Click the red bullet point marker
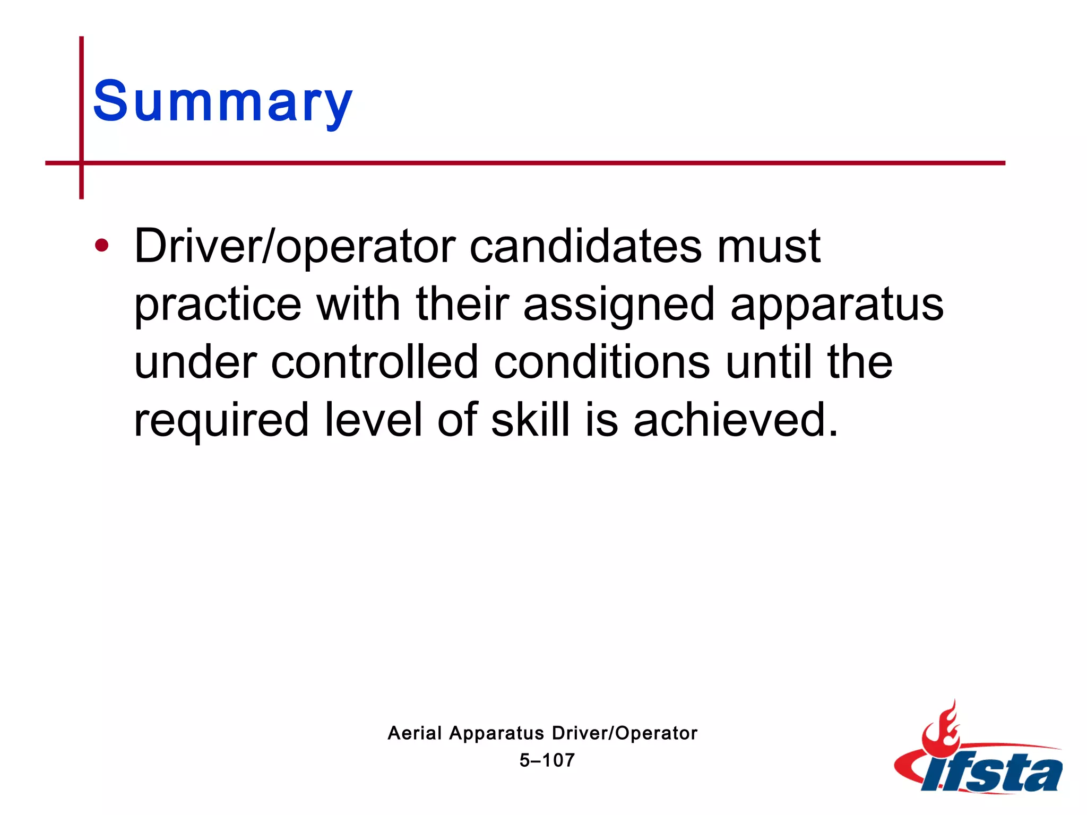[x=101, y=246]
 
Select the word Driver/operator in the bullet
[x=295, y=246]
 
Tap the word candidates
[x=586, y=246]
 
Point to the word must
[x=769, y=246]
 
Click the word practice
[x=218, y=305]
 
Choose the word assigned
[x=619, y=305]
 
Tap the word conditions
[x=602, y=362]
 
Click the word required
[x=221, y=420]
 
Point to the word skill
[x=530, y=420]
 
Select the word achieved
[x=736, y=420]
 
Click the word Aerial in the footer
[x=415, y=733]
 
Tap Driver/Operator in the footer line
[x=624, y=733]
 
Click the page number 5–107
[x=547, y=760]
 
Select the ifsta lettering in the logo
[x=993, y=772]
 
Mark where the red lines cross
[x=82, y=163]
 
